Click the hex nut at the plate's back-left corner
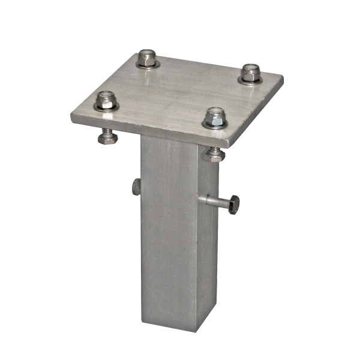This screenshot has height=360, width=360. (146, 58)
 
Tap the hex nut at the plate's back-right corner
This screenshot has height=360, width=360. (251, 72)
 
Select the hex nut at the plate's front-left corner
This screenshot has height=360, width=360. (106, 99)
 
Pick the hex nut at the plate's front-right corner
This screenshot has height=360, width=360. (215, 115)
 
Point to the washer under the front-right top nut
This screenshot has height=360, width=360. (215, 125)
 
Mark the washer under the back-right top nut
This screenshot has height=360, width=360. (251, 80)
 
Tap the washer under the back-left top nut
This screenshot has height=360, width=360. (147, 65)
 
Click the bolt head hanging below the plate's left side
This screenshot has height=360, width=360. (107, 137)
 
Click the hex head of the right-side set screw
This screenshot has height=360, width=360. (233, 205)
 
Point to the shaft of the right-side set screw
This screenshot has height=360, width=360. (213, 202)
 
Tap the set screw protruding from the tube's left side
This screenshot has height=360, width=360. (137, 187)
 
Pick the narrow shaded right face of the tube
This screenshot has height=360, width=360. (208, 252)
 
